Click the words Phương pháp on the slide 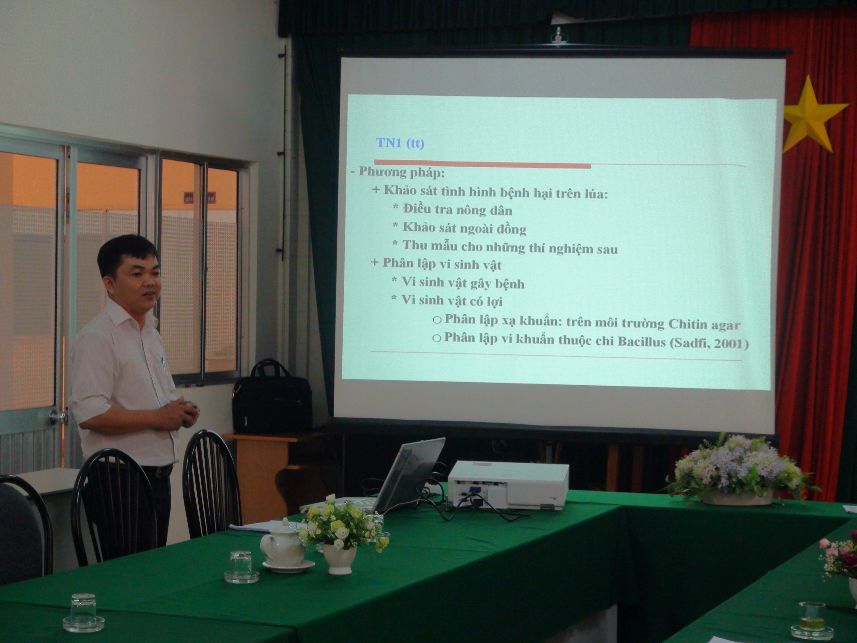[x=401, y=172]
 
